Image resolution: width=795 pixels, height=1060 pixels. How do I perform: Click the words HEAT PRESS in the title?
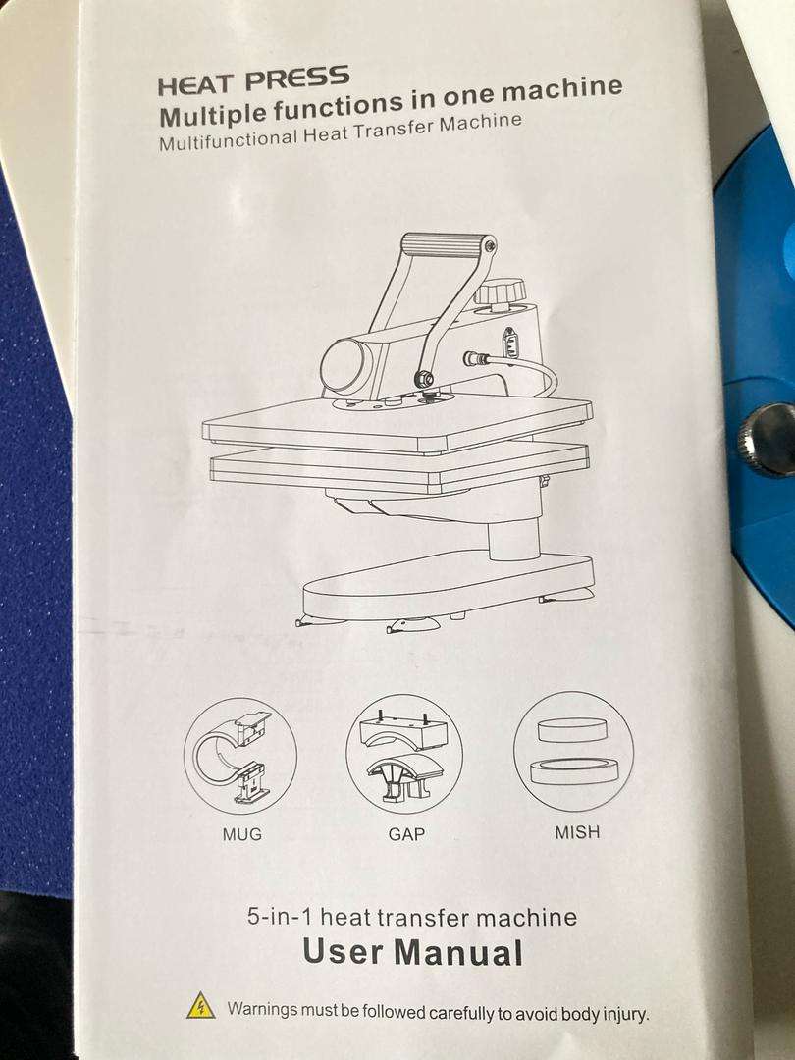tap(253, 79)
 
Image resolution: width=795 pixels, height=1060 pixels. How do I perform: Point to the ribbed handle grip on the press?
tap(448, 242)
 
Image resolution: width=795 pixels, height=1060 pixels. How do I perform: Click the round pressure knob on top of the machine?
tap(499, 292)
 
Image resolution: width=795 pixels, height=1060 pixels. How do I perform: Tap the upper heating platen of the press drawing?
tap(397, 424)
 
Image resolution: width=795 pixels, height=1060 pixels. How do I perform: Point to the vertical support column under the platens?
tap(513, 535)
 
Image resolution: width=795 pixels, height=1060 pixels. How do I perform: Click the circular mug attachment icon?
tap(239, 756)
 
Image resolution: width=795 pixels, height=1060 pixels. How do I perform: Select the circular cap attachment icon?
tap(403, 753)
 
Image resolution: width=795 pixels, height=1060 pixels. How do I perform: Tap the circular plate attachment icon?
tap(573, 752)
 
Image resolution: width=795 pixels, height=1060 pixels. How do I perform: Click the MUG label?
tap(242, 836)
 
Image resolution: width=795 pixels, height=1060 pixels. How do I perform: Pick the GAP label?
tap(405, 836)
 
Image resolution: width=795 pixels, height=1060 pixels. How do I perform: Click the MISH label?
tap(576, 833)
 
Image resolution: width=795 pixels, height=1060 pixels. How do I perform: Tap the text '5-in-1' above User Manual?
tap(281, 919)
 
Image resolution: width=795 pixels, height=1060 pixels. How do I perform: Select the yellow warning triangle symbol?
tap(201, 1005)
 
